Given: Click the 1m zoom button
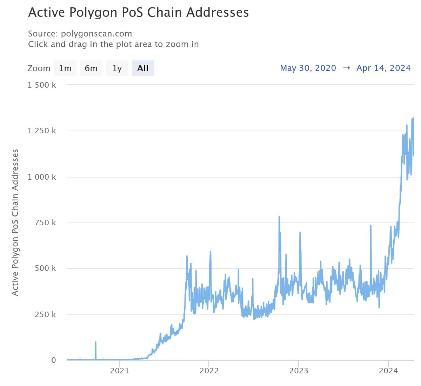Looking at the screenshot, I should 65,68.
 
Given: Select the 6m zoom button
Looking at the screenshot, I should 91,68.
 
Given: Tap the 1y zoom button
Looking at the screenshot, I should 117,68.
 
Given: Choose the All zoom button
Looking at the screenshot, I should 143,68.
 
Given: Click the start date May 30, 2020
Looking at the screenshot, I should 308,68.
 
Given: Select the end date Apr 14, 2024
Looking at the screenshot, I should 383,68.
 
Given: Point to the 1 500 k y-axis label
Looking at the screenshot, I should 42,85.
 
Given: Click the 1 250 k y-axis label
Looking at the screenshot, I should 42,131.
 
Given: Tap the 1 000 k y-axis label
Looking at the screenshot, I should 42,177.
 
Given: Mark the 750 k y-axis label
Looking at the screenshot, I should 45,222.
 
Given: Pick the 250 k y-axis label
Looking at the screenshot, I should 45,314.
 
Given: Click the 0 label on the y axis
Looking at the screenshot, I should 53,360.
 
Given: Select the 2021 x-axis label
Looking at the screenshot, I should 119,371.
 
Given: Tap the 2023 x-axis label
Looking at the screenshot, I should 299,371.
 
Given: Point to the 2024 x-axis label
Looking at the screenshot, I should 388,371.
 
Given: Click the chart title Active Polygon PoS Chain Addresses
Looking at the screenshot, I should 138,13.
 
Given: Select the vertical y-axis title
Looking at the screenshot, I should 15,222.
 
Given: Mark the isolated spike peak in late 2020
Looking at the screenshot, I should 95,342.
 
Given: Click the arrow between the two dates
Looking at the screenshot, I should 346,68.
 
